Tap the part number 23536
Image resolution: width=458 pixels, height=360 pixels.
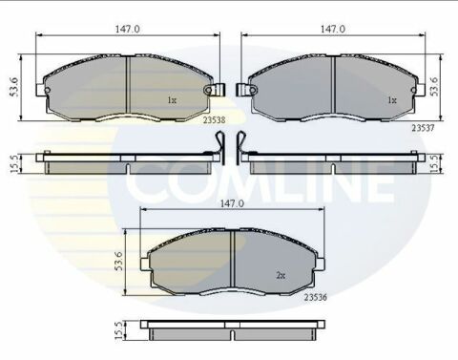[316, 298]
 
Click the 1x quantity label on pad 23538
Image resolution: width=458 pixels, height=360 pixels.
[172, 99]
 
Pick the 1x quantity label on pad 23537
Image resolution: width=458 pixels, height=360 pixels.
[390, 99]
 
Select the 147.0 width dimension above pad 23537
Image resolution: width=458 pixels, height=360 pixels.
[331, 30]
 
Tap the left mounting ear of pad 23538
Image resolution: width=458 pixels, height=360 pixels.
[40, 91]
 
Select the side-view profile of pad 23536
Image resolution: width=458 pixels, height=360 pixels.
[233, 330]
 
